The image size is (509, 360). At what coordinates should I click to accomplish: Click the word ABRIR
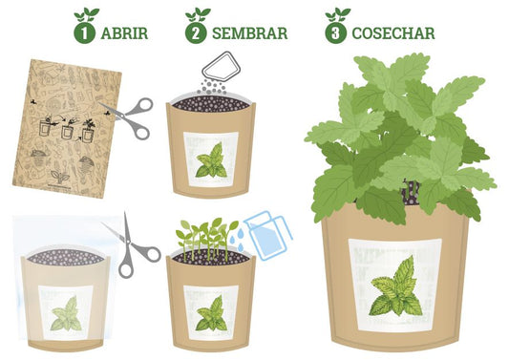[124, 33]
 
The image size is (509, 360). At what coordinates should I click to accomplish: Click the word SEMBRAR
[249, 33]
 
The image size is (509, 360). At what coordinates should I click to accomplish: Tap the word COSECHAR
[393, 33]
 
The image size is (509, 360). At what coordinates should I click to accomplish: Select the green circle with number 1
[84, 33]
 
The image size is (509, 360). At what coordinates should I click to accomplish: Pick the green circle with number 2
[196, 33]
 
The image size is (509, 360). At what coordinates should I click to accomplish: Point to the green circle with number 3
[335, 33]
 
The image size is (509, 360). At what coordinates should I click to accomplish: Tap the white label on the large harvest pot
[395, 286]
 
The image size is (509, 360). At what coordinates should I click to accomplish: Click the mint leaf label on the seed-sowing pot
[211, 159]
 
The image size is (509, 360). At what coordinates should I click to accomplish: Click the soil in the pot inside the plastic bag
[66, 256]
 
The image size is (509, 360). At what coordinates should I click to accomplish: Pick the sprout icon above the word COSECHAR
[338, 14]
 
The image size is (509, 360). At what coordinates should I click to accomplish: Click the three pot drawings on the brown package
[68, 130]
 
